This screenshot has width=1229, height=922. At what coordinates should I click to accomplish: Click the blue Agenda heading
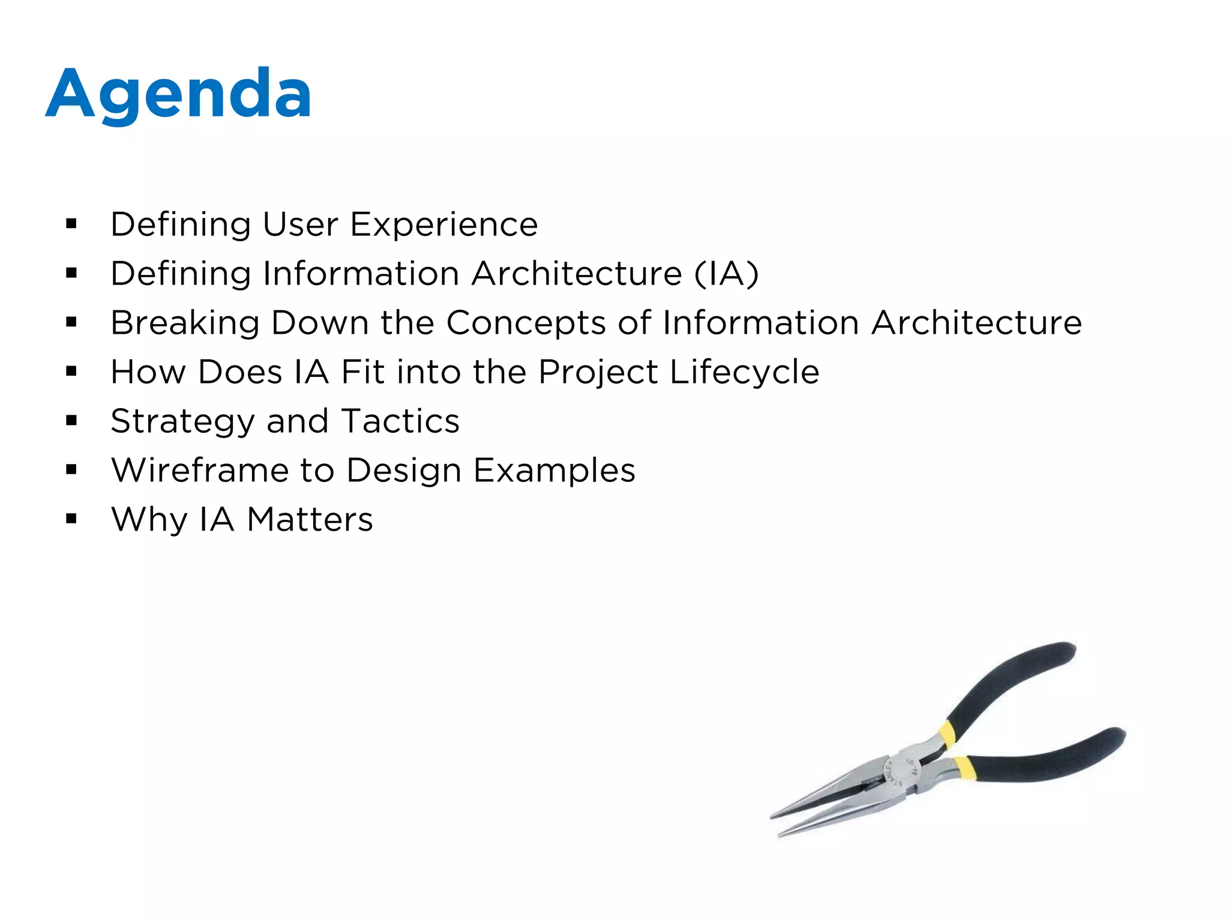click(178, 94)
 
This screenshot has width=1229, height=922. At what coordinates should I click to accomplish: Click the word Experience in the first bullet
click(443, 224)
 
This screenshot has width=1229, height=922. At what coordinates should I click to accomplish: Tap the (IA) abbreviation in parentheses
click(726, 274)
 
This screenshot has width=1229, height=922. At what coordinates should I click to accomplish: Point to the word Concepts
click(526, 323)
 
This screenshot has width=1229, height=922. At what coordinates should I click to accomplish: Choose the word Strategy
click(182, 421)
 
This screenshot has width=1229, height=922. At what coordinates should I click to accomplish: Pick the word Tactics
click(400, 421)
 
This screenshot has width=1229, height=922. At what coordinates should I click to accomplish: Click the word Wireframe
click(200, 470)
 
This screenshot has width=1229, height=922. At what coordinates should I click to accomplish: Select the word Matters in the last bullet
click(310, 519)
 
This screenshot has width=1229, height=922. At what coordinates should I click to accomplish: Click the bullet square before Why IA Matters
click(71, 519)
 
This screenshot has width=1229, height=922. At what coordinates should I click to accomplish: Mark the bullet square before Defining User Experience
click(71, 224)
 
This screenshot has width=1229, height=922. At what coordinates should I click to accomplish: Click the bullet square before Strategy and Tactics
click(71, 421)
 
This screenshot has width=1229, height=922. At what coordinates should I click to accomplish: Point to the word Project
click(598, 372)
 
